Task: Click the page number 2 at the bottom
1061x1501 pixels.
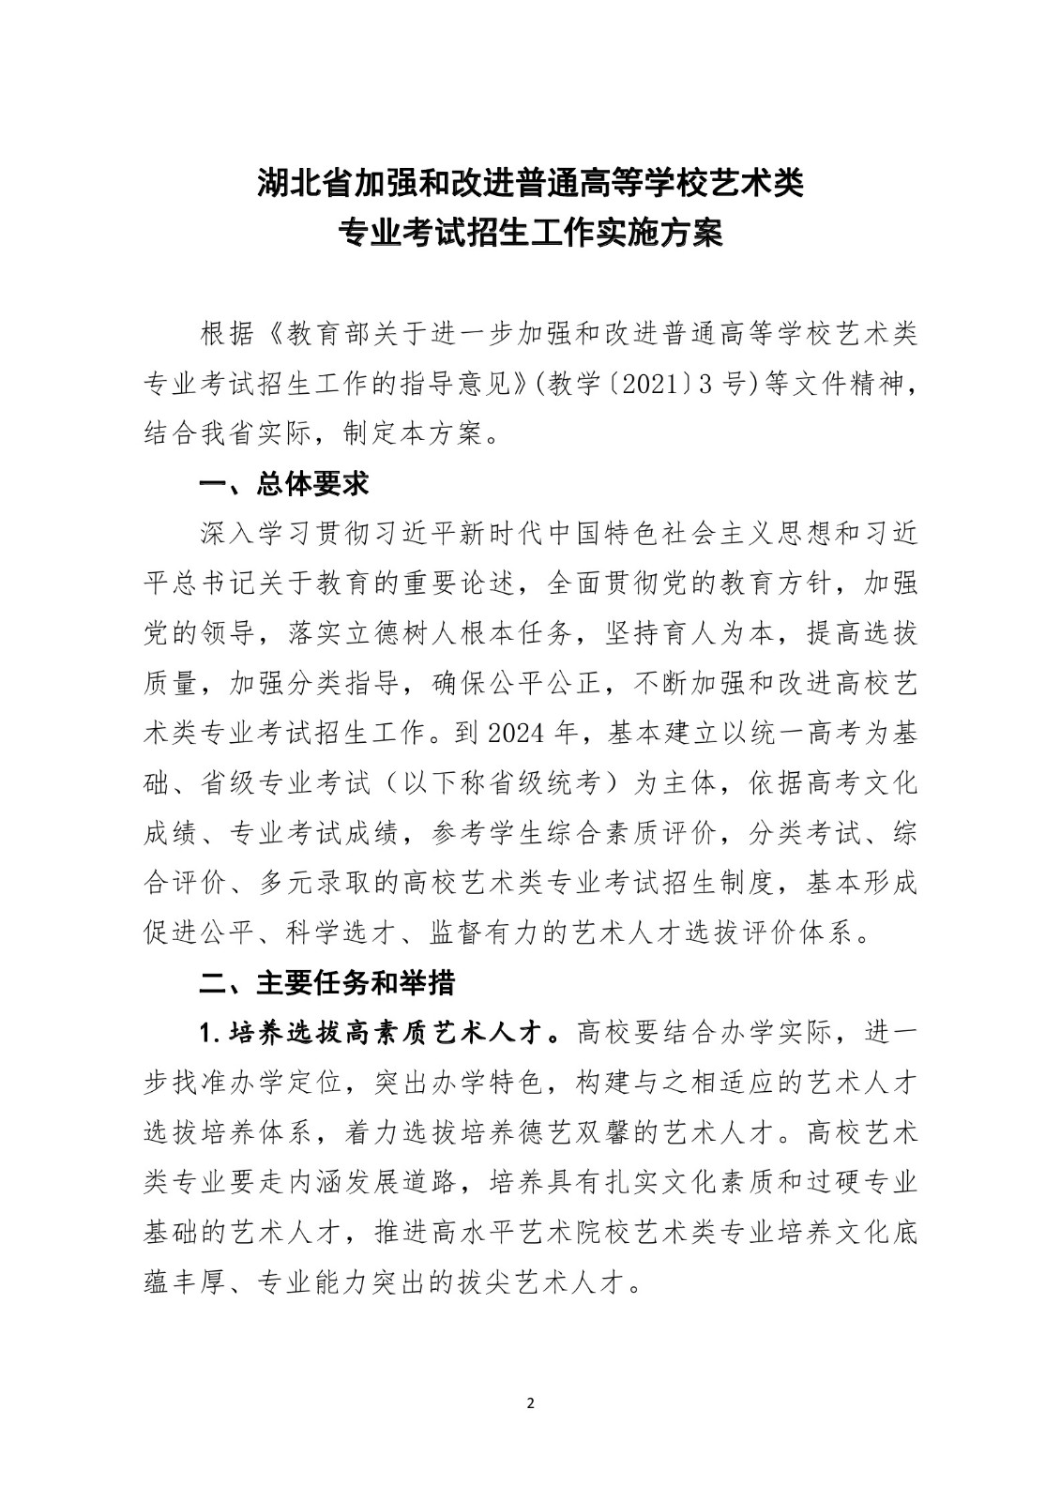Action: pyautogui.click(x=530, y=1403)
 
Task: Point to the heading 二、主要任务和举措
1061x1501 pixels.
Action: pyautogui.click(x=327, y=982)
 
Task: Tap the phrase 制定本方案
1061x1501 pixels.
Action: pyautogui.click(x=409, y=433)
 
